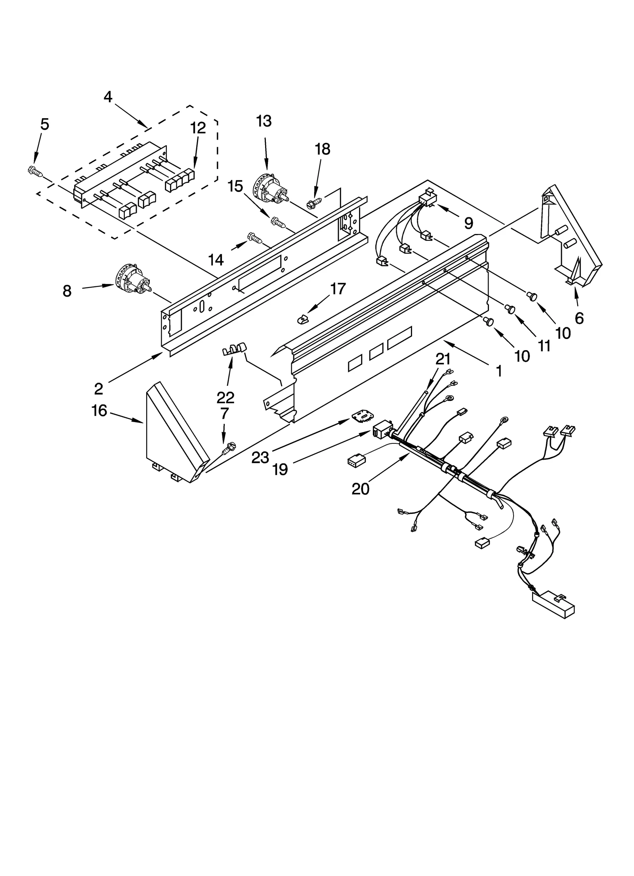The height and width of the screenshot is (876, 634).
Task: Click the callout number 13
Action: (264, 121)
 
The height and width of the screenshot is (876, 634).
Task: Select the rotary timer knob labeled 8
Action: (132, 281)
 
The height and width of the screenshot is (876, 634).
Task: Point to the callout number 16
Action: (99, 411)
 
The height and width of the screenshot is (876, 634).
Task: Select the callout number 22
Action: (225, 397)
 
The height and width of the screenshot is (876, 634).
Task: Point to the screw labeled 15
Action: (278, 221)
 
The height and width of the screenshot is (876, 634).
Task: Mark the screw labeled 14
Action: (255, 238)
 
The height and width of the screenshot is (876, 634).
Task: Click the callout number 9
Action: (468, 223)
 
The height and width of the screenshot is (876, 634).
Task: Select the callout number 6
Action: (579, 318)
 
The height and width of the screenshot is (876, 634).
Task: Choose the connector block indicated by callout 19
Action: (382, 430)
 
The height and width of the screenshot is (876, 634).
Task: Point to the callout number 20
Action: (360, 489)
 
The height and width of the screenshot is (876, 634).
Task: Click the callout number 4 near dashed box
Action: (108, 96)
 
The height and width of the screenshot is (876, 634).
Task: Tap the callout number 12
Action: (198, 128)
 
